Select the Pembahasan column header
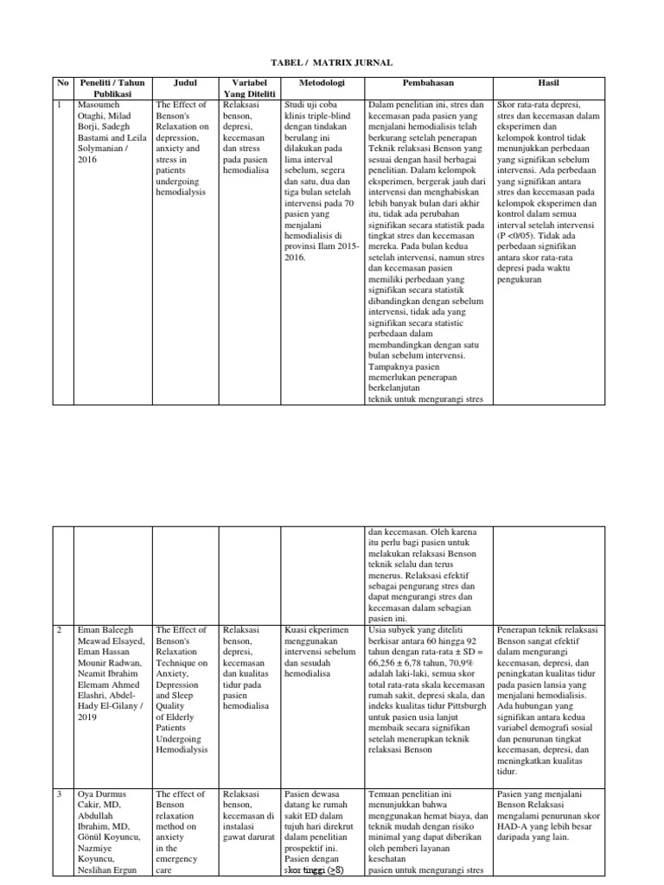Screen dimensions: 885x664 point(428,84)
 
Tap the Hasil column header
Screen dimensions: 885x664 point(547,84)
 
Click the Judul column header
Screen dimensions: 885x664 point(185,84)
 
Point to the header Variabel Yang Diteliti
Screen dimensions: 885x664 point(248,89)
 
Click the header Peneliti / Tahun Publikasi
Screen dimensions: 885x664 point(112,89)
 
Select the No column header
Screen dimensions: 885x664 point(62,84)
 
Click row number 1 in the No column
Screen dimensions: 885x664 point(59,105)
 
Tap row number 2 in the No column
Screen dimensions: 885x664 point(59,630)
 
